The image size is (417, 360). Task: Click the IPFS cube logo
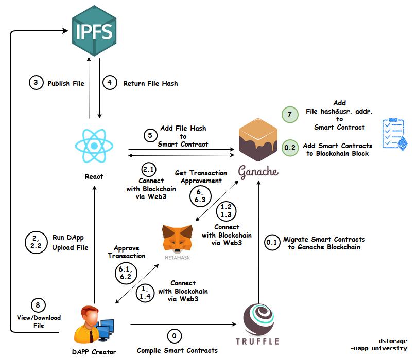pos(93,31)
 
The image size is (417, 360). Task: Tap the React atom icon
pos(94,146)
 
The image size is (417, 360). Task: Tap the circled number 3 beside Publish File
pos(36,83)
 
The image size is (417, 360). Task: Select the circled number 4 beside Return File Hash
pos(110,83)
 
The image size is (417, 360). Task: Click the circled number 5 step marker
pos(150,136)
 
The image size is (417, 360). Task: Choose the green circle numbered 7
pos(289,115)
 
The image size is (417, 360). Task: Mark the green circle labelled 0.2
pos(289,148)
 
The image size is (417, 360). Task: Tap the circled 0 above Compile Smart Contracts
pos(174,336)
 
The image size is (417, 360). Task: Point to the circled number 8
pos(36,304)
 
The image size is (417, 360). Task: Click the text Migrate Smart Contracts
pos(324,239)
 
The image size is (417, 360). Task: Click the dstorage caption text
pos(393,341)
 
